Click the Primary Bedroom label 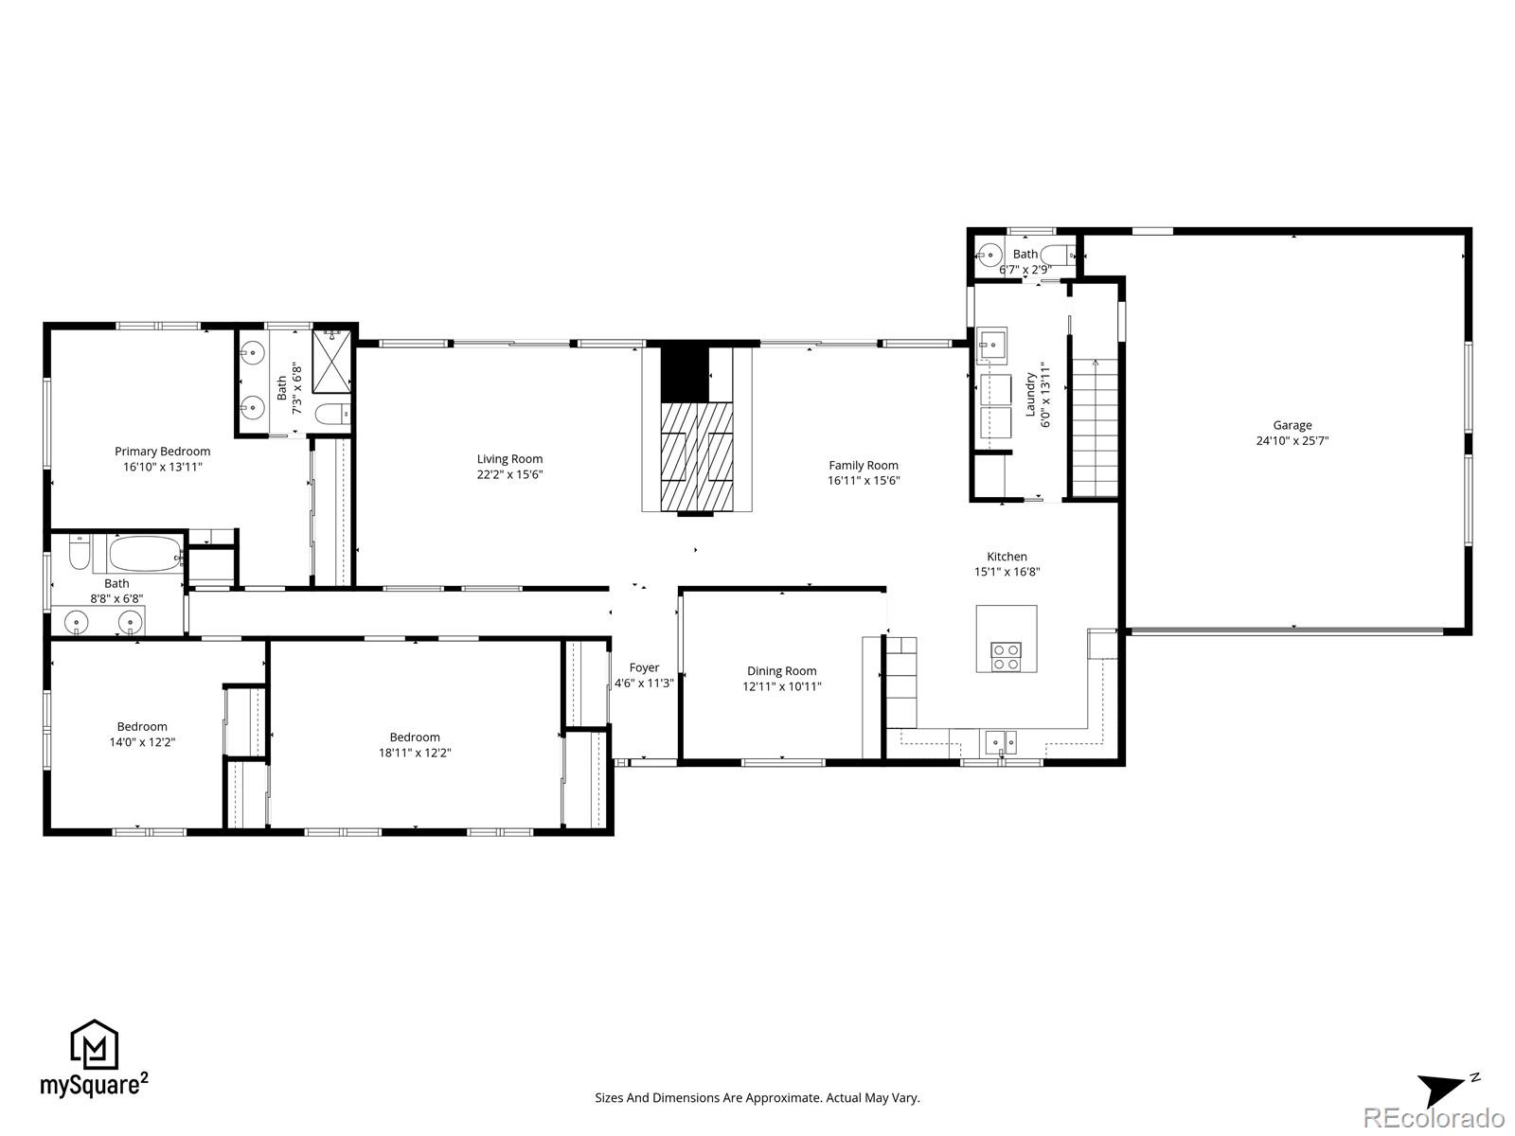point(162,452)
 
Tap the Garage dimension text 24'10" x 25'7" point(1292,440)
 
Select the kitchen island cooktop point(1006,656)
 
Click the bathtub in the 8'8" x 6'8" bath point(146,553)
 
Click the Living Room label point(509,459)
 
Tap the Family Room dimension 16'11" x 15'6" point(864,480)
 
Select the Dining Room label point(781,671)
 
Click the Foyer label point(644,667)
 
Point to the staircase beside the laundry point(1095,426)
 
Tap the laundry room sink point(992,346)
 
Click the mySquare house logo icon point(95,1045)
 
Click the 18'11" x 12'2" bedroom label point(415,737)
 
